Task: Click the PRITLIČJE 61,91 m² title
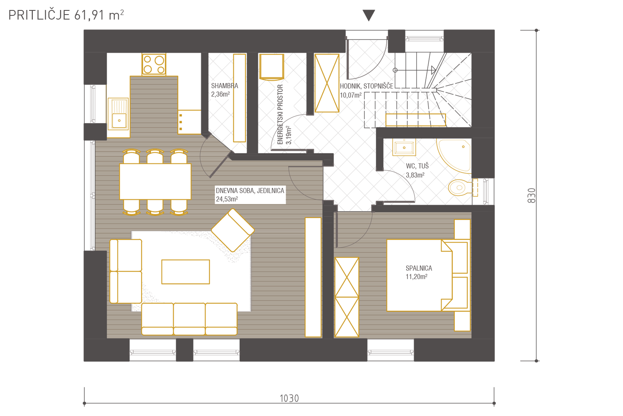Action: pyautogui.click(x=66, y=15)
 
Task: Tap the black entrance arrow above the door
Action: pyautogui.click(x=369, y=15)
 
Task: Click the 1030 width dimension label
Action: pyautogui.click(x=289, y=399)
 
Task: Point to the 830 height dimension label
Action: pyautogui.click(x=531, y=196)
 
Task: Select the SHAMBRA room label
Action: pyautogui.click(x=224, y=86)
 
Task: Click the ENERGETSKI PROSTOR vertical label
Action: pyautogui.click(x=280, y=114)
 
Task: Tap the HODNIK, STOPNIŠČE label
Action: pyautogui.click(x=366, y=86)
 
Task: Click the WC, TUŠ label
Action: pyautogui.click(x=417, y=166)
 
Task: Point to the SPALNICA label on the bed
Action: pyautogui.click(x=419, y=268)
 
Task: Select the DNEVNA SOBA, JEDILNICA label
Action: pyautogui.click(x=250, y=191)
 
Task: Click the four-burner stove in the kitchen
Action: pyautogui.click(x=154, y=64)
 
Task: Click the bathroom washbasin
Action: pyautogui.click(x=404, y=147)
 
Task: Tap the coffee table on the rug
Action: pyautogui.click(x=186, y=272)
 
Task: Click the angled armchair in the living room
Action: pyautogui.click(x=233, y=230)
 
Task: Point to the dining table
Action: pyautogui.click(x=155, y=181)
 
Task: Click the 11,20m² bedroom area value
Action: pyautogui.click(x=416, y=277)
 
